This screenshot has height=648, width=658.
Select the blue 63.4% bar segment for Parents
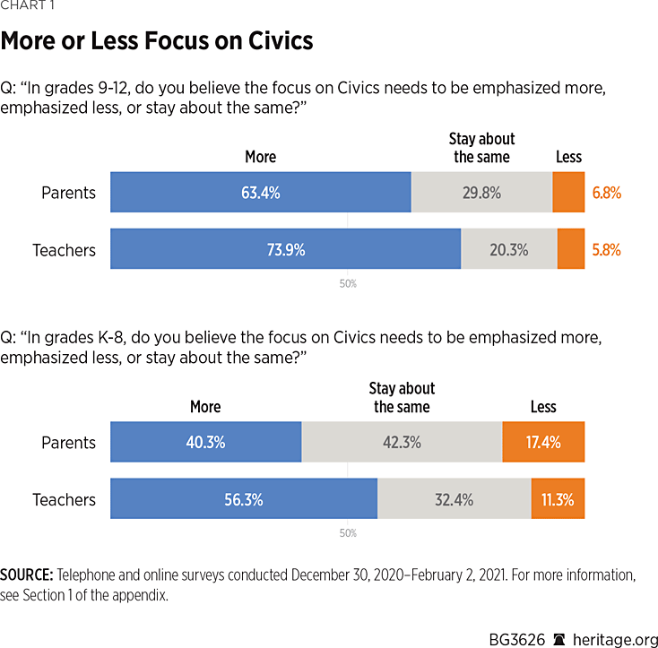click(260, 192)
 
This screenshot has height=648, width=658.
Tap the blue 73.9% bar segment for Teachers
click(285, 249)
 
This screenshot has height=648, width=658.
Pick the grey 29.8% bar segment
click(481, 192)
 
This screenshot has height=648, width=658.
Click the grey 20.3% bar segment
click(508, 249)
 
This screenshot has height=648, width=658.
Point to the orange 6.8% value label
click(606, 193)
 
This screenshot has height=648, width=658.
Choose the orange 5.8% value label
click(606, 250)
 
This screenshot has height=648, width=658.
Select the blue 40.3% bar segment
click(205, 442)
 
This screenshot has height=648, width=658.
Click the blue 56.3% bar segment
click(243, 499)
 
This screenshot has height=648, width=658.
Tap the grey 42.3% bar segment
click(401, 442)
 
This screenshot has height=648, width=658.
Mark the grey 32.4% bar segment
click(454, 499)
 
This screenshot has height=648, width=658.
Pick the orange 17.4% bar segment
click(543, 442)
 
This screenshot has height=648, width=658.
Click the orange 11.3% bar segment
click(558, 499)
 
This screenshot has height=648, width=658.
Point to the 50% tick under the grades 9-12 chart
click(348, 283)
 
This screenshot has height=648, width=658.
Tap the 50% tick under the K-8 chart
click(348, 533)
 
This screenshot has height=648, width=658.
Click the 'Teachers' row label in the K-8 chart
click(64, 500)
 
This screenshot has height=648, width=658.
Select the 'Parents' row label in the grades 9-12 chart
click(68, 193)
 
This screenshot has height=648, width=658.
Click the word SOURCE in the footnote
click(27, 575)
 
